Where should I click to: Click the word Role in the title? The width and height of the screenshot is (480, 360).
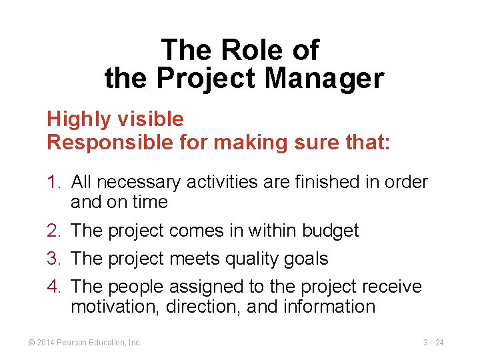(240, 50)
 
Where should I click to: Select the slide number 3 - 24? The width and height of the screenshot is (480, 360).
(433, 343)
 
